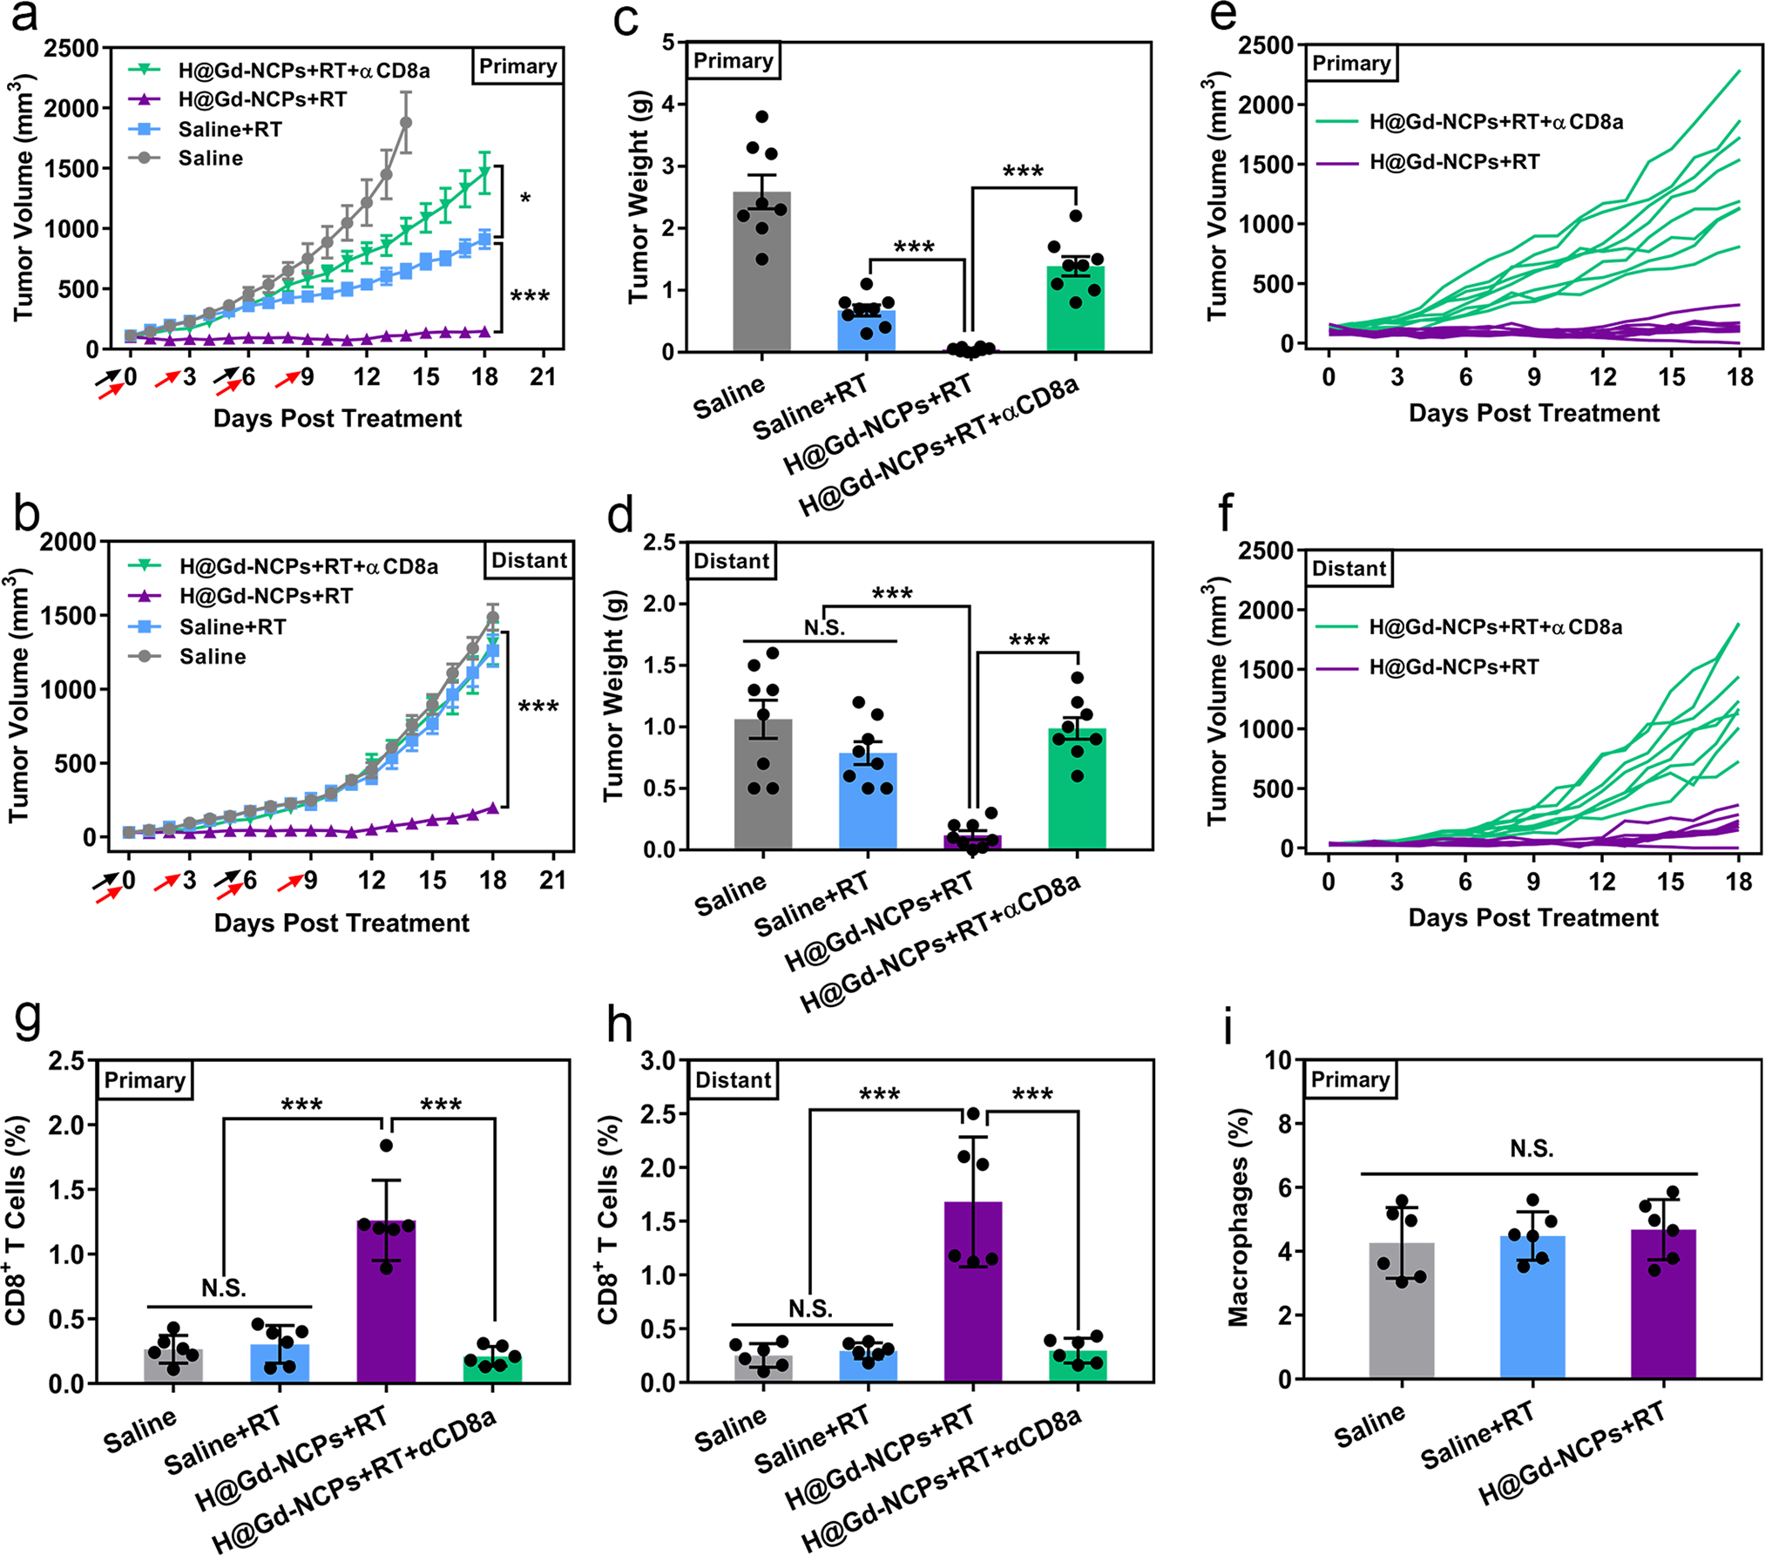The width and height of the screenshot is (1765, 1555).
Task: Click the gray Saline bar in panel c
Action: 761,279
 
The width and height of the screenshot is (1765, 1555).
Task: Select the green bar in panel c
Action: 1075,314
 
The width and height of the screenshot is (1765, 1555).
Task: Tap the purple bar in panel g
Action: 386,1307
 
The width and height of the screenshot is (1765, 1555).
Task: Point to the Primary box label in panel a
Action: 518,67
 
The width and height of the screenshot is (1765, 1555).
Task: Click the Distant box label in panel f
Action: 1349,569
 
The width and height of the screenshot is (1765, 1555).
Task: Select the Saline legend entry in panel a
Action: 210,159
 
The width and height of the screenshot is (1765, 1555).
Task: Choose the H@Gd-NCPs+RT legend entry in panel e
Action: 1454,162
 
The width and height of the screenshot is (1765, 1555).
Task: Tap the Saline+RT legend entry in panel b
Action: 232,627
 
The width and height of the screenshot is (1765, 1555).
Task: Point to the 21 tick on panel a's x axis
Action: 543,377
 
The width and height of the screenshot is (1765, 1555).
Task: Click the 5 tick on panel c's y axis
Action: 668,42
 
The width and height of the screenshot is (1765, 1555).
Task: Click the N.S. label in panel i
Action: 1532,1150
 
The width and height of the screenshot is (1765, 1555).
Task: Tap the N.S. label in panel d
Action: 824,627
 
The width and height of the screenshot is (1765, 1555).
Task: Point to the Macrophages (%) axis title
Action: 1238,1218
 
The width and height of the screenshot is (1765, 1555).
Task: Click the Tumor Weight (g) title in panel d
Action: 613,695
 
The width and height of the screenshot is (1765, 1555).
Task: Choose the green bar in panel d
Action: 1077,788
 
